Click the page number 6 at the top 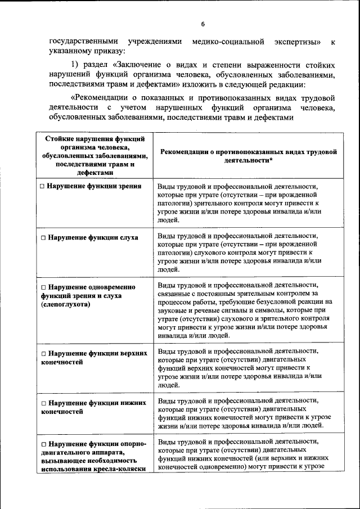[x=202, y=23]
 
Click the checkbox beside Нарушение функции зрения [x=43, y=186]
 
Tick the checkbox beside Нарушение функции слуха [x=43, y=237]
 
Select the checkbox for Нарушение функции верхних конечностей [x=43, y=354]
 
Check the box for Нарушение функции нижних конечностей [x=43, y=403]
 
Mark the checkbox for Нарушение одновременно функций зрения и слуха [x=43, y=287]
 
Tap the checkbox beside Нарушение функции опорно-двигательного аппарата [x=43, y=444]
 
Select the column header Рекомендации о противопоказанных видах [x=248, y=155]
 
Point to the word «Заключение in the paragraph [x=136, y=65]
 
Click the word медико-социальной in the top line [x=228, y=42]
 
